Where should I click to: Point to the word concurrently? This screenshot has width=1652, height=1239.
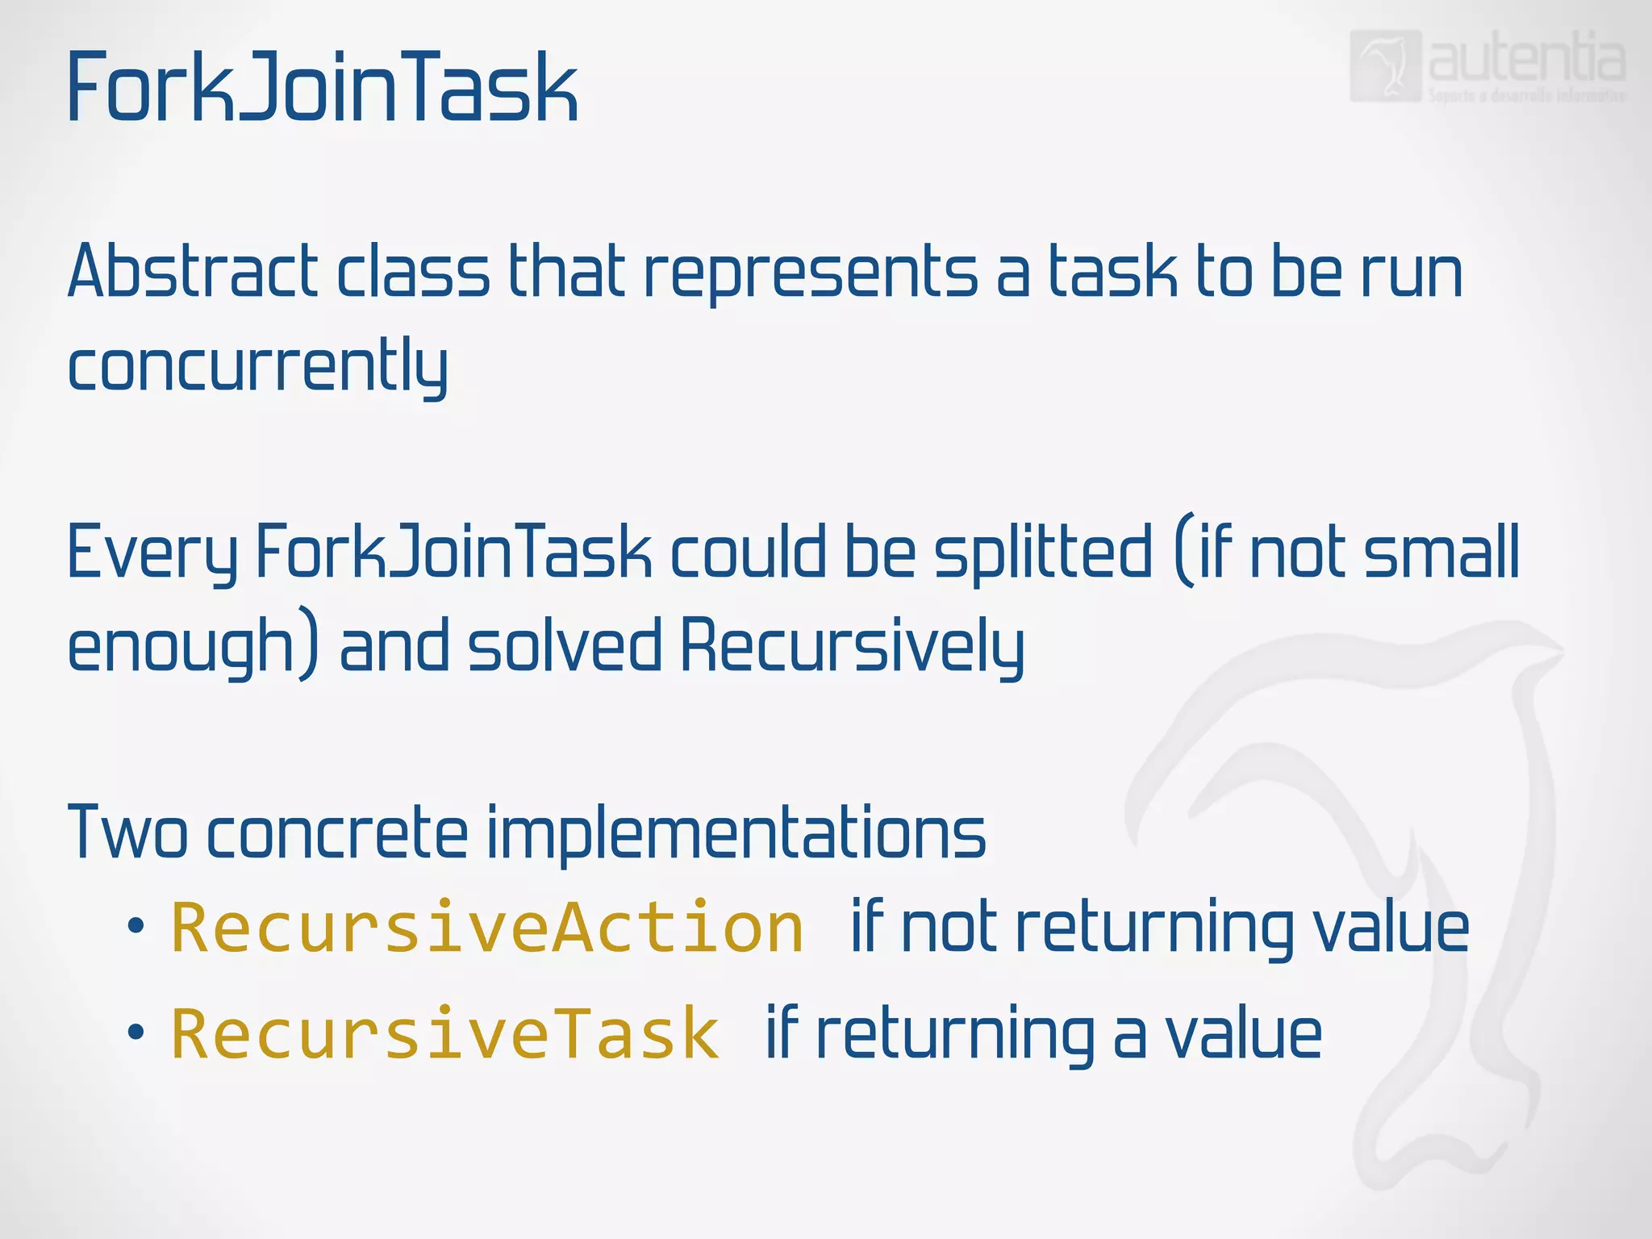coord(258,368)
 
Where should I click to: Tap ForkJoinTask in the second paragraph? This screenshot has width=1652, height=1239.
coord(453,552)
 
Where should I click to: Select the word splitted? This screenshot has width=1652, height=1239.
coord(1042,555)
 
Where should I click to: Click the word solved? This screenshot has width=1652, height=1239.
coord(565,645)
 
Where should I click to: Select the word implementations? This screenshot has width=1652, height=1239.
coord(736,834)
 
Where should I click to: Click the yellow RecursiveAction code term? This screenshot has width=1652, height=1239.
coord(487,928)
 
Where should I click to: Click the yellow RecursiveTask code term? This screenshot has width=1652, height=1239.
coord(444,1035)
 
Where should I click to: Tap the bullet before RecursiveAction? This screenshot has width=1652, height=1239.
coord(136,927)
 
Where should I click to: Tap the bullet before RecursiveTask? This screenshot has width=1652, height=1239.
coord(136,1032)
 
